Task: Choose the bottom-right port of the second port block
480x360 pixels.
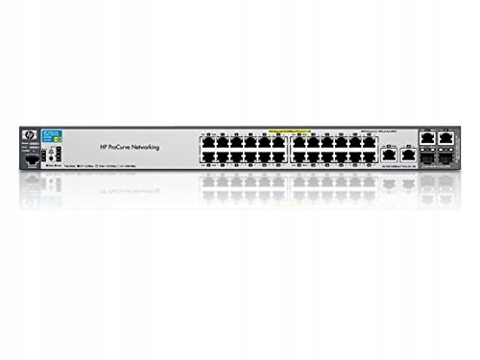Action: [x=369, y=154]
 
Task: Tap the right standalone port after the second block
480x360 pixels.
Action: [x=407, y=153]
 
